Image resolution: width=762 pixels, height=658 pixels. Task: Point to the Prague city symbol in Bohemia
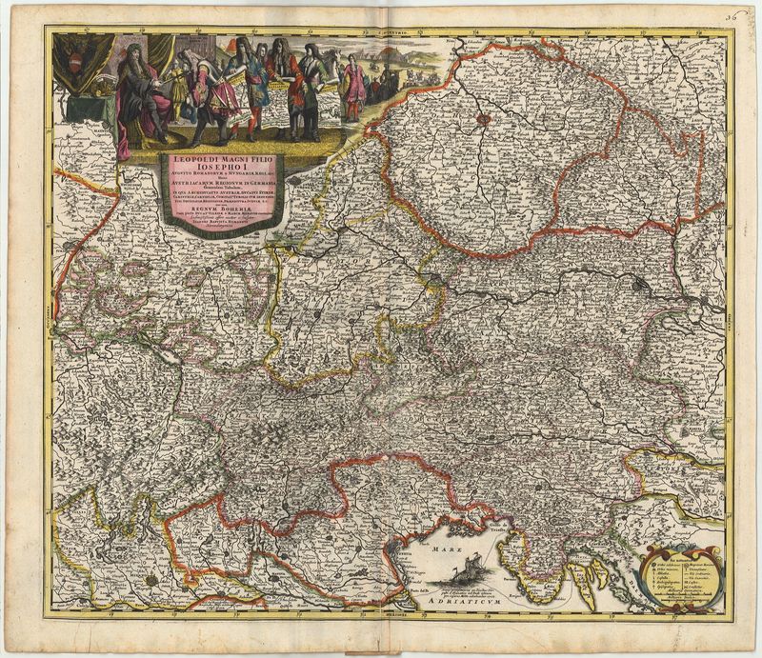coord(484,119)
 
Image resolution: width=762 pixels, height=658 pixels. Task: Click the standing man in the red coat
coord(303,95)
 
